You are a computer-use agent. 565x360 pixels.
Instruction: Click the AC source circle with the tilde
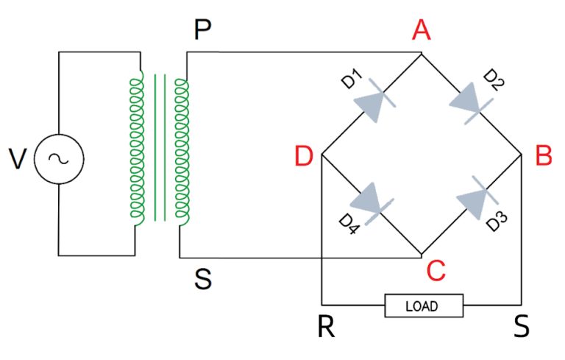[x=59, y=158]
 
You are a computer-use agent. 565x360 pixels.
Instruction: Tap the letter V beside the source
[x=18, y=158]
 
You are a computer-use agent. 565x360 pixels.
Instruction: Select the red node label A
[x=422, y=30]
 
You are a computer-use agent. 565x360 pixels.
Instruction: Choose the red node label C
[x=436, y=272]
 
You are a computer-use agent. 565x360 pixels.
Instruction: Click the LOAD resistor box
[x=423, y=305]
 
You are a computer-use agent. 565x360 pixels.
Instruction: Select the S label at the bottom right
[x=522, y=328]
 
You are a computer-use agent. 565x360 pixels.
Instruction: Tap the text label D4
[x=349, y=223]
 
